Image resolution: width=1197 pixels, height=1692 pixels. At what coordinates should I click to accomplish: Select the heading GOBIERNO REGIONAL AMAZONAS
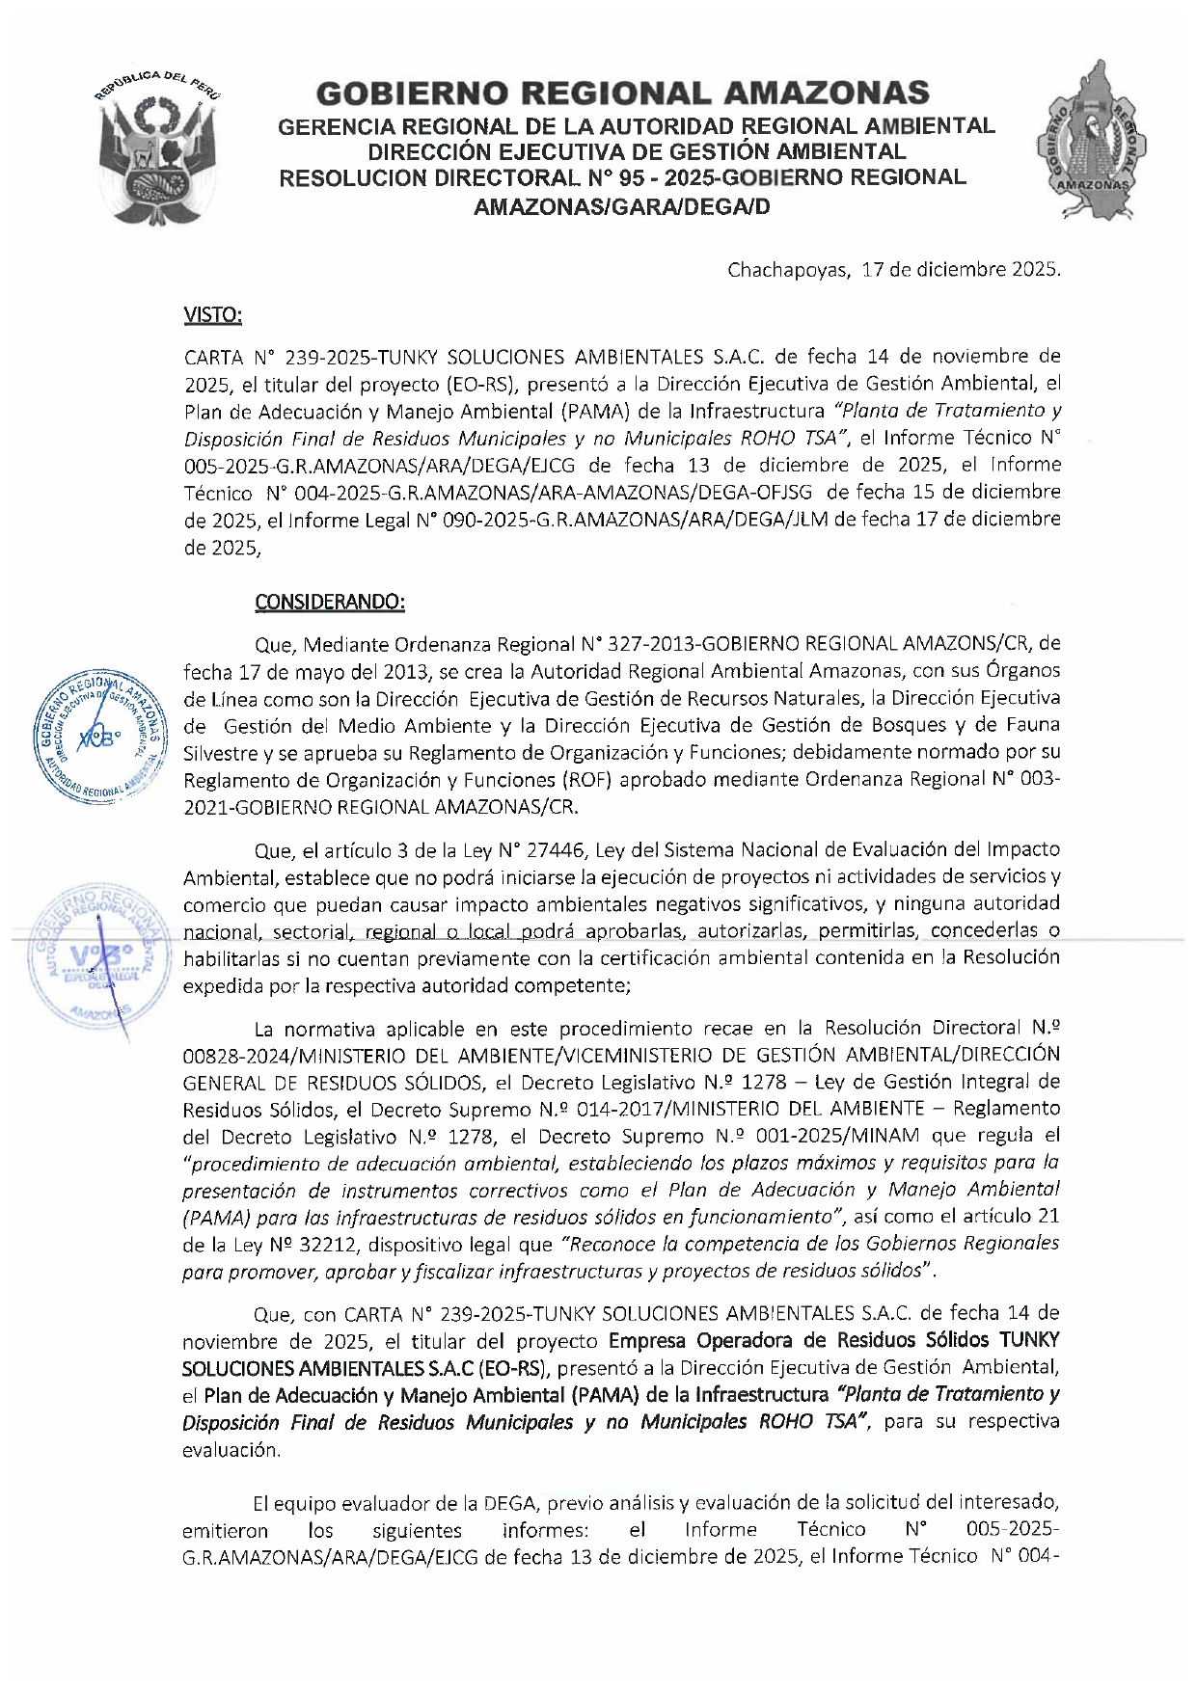pos(622,94)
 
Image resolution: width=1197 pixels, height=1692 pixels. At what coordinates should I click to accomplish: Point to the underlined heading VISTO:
pos(212,315)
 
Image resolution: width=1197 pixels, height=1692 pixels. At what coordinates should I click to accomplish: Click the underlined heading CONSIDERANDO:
pos(329,602)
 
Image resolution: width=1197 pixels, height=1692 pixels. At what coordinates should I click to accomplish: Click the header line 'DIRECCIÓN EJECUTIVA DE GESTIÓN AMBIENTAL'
pos(637,151)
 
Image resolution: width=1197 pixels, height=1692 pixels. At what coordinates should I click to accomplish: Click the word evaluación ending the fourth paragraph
pos(231,1449)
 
